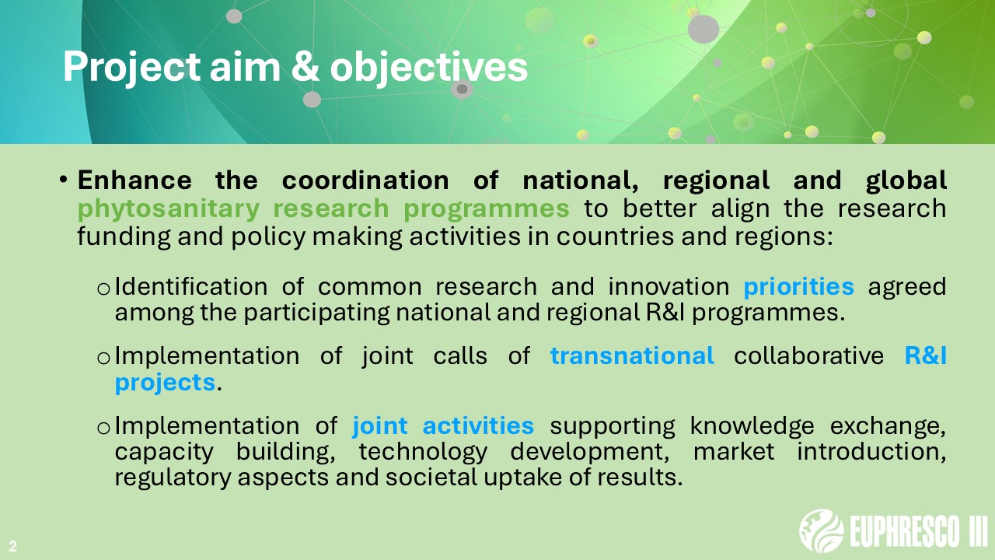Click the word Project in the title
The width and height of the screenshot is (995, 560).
coord(131,67)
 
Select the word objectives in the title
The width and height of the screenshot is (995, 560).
coord(428,68)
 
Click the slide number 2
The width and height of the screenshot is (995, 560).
coord(12,546)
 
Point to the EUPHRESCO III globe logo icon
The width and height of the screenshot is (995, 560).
coord(822,530)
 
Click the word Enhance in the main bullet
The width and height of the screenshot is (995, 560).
coord(134,180)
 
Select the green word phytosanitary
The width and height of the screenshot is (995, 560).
coord(169,209)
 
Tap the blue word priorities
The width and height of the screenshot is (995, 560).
coord(798,287)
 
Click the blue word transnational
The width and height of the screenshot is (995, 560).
coord(632,355)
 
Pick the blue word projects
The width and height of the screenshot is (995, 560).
coord(166,383)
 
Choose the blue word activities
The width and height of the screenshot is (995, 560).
coord(478,425)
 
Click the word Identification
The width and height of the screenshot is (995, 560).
coord(191,286)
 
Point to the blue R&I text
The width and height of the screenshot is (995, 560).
coord(926,355)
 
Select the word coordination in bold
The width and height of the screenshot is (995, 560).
coord(365,180)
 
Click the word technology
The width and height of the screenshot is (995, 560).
coord(423,453)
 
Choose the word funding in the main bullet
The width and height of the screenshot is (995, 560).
coord(124,236)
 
